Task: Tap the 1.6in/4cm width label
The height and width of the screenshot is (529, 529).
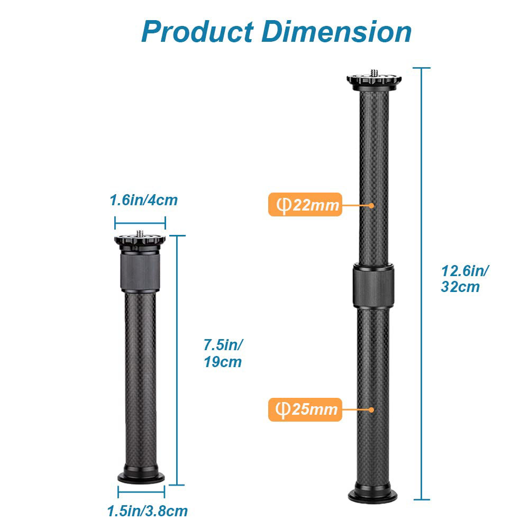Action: point(143,200)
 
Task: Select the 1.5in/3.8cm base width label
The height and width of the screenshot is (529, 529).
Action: point(147,512)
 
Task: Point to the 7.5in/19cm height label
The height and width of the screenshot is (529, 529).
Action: point(223,353)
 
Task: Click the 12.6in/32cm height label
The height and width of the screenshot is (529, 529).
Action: point(464,279)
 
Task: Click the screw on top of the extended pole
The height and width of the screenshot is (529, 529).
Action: point(374,71)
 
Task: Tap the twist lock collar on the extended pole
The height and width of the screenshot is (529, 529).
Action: point(374,286)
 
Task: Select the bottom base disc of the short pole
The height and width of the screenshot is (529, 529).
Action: point(141,477)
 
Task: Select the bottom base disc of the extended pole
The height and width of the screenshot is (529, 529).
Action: point(373,496)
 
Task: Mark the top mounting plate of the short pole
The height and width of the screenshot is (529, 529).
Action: point(140,242)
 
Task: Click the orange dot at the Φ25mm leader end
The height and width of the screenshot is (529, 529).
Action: point(372,409)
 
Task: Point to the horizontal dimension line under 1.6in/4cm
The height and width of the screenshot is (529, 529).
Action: point(140,223)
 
